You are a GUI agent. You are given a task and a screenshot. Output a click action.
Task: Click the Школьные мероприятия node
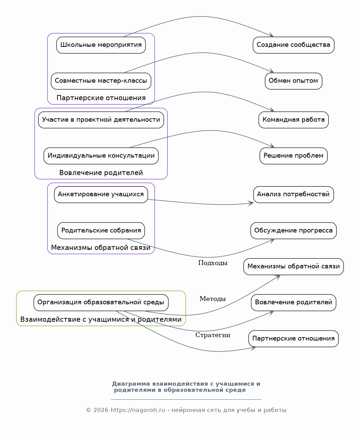pyautogui.click(x=101, y=45)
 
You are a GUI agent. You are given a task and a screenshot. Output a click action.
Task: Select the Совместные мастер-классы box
pyautogui.click(x=101, y=81)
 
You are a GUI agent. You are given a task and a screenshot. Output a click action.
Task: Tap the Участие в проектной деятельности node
pyautogui.click(x=101, y=120)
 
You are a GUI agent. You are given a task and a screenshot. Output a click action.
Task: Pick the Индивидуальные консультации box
pyautogui.click(x=101, y=156)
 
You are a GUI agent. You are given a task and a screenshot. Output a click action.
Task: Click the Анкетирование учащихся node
pyautogui.click(x=101, y=195)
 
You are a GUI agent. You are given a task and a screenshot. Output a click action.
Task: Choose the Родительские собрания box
pyautogui.click(x=101, y=230)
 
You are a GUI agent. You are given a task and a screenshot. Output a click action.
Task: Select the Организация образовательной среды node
pyautogui.click(x=101, y=303)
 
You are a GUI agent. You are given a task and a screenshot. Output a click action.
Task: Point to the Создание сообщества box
pyautogui.click(x=293, y=45)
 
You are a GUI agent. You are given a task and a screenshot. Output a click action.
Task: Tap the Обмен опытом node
pyautogui.click(x=293, y=81)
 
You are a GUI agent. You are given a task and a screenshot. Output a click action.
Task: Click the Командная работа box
pyautogui.click(x=293, y=120)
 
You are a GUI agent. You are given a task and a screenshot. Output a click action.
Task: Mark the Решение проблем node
pyautogui.click(x=293, y=156)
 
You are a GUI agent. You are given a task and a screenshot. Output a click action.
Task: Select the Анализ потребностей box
pyautogui.click(x=293, y=195)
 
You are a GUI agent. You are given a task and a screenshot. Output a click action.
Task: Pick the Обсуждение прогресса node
pyautogui.click(x=293, y=230)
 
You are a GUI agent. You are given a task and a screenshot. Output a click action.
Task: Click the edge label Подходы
pyautogui.click(x=213, y=263)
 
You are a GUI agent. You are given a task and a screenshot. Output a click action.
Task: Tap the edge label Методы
pyautogui.click(x=213, y=299)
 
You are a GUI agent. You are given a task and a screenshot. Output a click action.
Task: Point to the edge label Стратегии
pyautogui.click(x=213, y=335)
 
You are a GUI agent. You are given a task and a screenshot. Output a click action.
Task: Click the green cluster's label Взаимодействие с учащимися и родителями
pyautogui.click(x=101, y=320)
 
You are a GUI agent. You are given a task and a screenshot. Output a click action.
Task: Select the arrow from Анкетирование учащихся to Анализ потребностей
pyautogui.click(x=205, y=204)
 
